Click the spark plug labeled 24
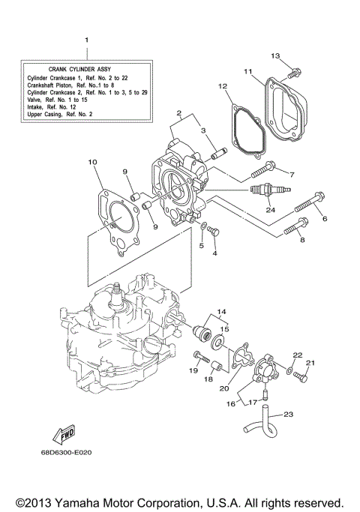(262, 191)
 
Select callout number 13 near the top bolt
(274, 56)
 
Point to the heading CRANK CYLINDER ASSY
(86, 67)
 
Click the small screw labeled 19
(198, 355)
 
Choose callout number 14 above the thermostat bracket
(221, 310)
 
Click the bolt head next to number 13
(295, 73)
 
